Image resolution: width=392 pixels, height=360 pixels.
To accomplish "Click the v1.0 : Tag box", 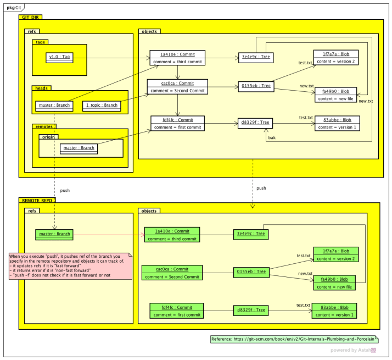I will pos(59,57).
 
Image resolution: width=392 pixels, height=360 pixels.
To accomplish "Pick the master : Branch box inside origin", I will pos(79,148).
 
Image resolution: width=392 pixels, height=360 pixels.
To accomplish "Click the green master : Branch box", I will pos(54,234).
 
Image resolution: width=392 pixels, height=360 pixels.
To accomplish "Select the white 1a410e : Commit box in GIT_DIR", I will pos(177,58).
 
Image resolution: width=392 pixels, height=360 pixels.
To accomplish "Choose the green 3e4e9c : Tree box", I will pos(250,234).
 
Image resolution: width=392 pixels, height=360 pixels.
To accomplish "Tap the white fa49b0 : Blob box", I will pos(335,95).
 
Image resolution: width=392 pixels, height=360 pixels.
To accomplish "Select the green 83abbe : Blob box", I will pos(334,311).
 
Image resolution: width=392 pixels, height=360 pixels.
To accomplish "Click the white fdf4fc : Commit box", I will pos(177,123).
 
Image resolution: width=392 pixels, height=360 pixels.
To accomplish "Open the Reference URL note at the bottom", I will pos(294,339).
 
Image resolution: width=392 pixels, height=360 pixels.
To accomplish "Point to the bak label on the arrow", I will pos(272,137).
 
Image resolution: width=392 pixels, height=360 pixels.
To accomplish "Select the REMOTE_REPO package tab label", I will pos(37,200).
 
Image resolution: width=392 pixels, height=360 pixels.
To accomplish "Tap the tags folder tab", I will pos(41,42).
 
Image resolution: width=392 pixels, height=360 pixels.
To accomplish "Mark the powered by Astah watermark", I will pos(353,350).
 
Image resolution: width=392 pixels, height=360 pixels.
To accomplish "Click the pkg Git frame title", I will pos(15,8).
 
